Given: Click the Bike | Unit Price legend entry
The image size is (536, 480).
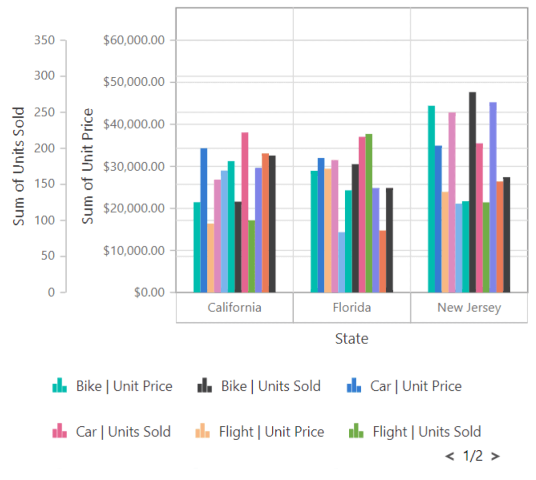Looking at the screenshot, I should (112, 386).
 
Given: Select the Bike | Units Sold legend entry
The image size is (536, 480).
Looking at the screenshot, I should (259, 386).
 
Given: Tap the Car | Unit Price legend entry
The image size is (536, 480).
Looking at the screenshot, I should (404, 386).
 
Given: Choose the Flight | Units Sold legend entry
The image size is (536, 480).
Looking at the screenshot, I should (415, 432).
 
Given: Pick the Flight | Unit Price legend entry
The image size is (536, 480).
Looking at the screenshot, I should (260, 432).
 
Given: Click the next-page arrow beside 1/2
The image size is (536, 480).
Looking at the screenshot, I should (495, 456).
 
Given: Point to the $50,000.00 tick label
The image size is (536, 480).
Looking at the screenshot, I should (134, 82).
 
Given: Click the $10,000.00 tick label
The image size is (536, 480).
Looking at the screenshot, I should (134, 250).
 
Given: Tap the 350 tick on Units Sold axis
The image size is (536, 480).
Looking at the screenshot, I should (45, 40).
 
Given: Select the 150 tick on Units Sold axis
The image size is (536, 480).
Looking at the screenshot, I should (45, 184).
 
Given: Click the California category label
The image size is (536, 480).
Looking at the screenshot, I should (234, 307).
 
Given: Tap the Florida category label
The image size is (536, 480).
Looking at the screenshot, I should (352, 307).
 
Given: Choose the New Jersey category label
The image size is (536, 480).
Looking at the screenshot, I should (469, 307).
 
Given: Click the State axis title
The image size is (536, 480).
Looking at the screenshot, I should (352, 339).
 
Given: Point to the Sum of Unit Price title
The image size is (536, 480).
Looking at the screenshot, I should (88, 166).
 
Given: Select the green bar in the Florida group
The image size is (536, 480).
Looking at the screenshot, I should (369, 214).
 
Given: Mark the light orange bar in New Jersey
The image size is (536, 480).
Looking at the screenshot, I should (445, 242).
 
